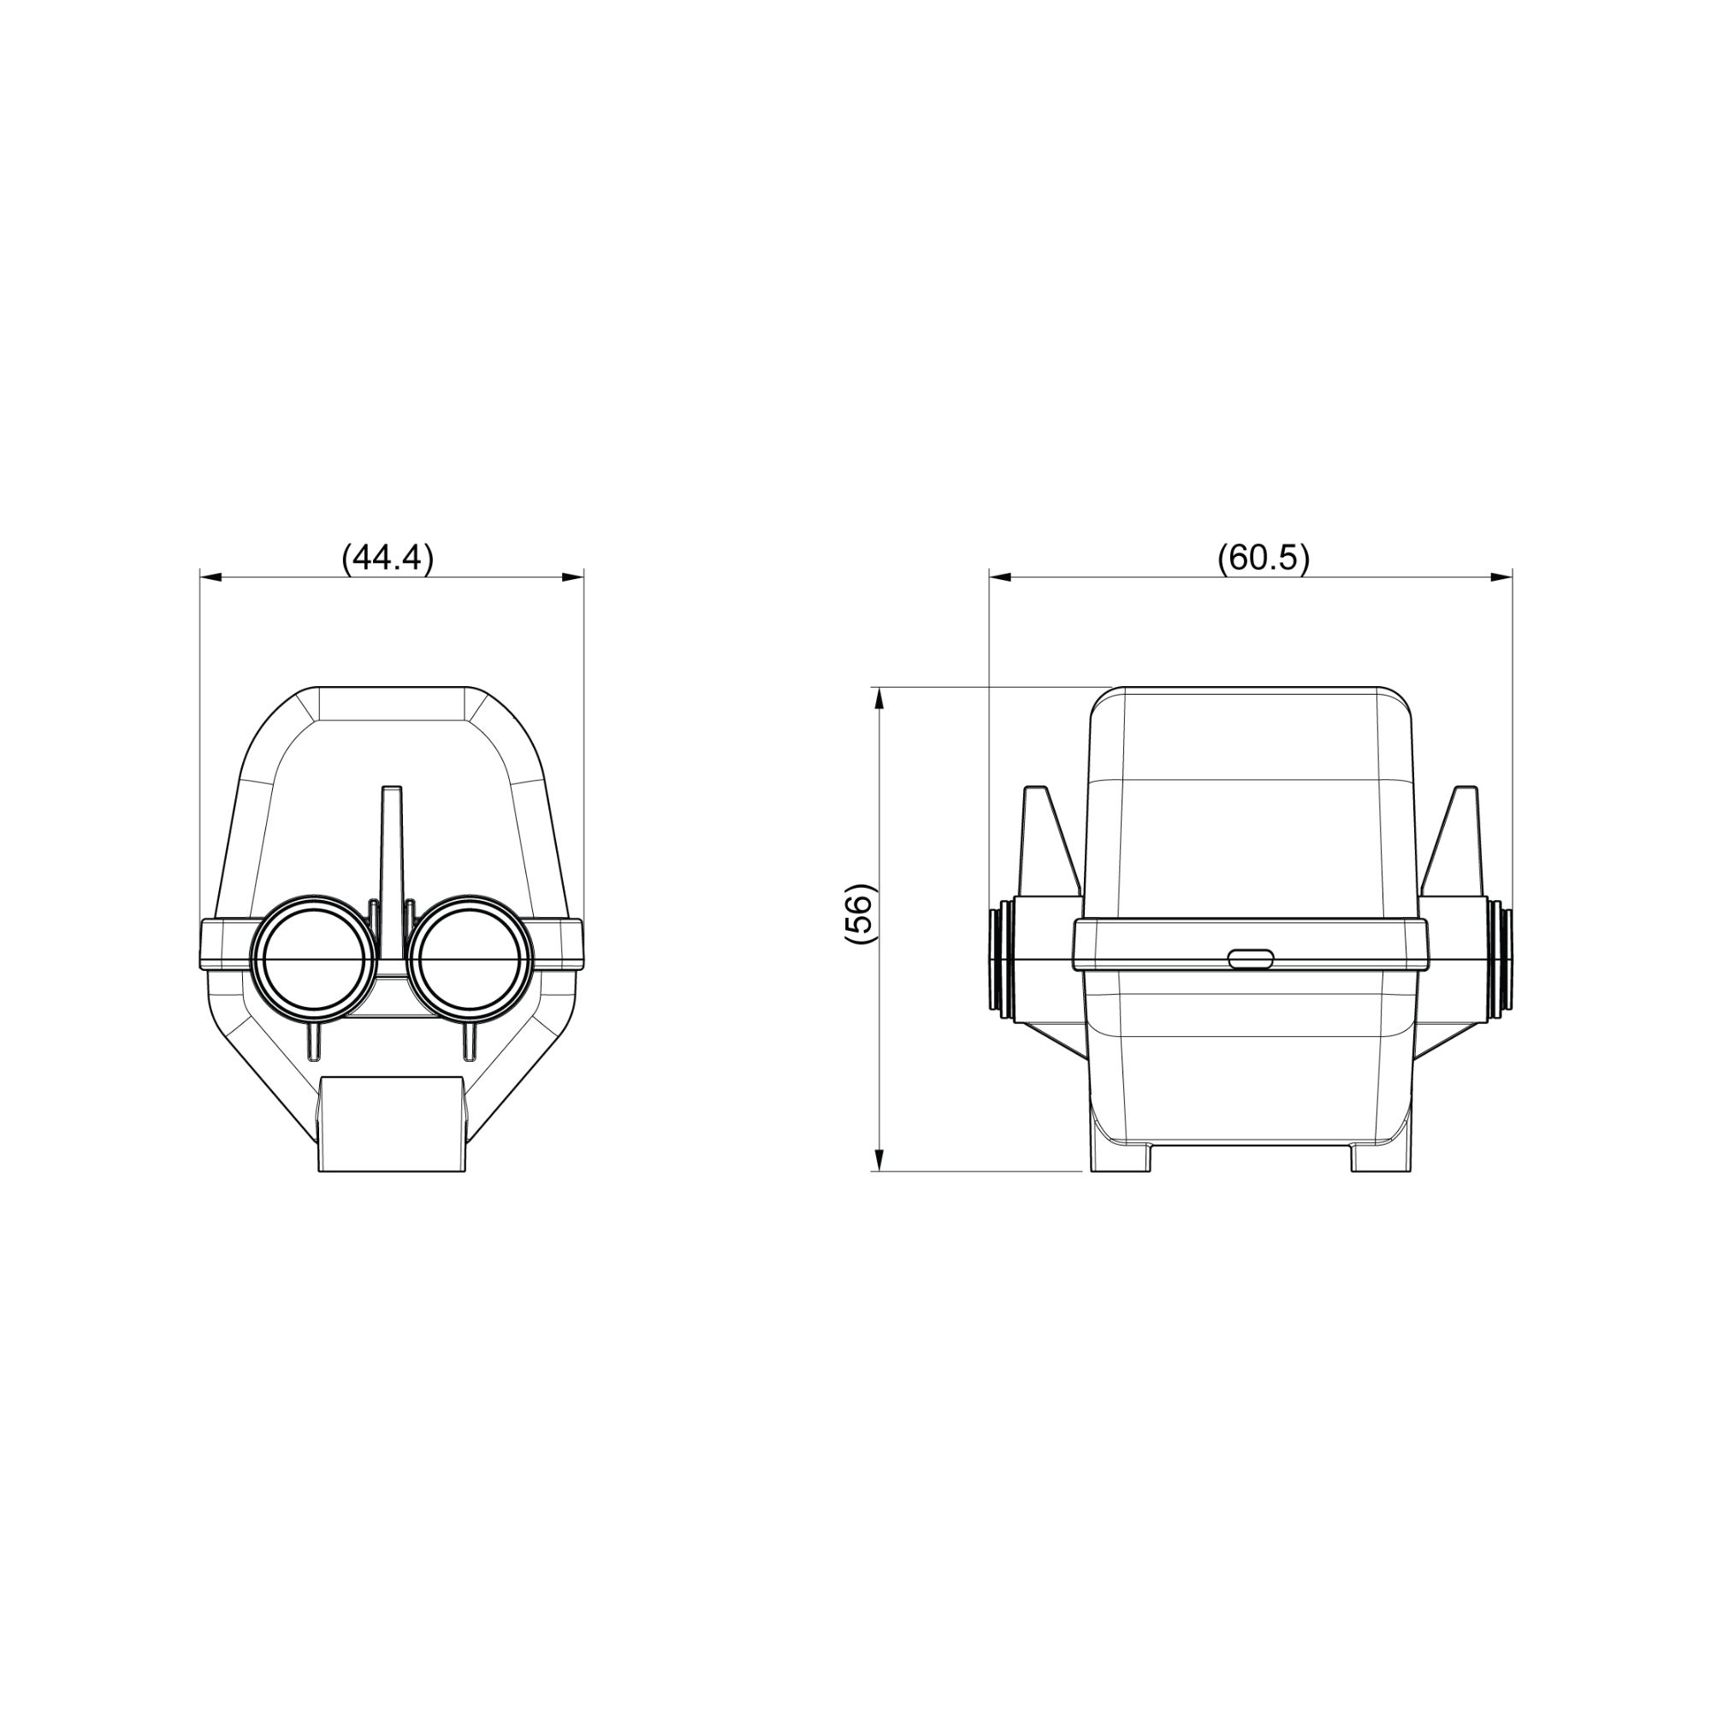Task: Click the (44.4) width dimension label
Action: click(x=388, y=559)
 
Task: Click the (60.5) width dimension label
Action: click(x=1263, y=559)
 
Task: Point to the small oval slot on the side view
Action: click(x=1251, y=957)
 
